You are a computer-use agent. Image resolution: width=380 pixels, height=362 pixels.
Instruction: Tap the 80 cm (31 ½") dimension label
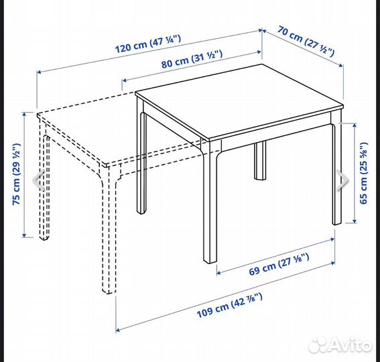[x=192, y=59]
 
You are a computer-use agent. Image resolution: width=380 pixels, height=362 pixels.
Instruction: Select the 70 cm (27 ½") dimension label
[x=306, y=41]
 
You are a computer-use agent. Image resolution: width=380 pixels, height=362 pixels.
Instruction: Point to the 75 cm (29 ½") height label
[x=17, y=174]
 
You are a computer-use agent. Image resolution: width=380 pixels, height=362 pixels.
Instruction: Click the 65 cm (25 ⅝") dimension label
[x=364, y=173]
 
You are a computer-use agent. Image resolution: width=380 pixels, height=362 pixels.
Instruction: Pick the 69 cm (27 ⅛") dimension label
[x=279, y=264]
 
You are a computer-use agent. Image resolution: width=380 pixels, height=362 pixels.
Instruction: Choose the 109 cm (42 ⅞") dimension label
[x=229, y=305]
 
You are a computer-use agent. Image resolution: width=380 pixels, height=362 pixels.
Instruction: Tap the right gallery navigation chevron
[x=343, y=180]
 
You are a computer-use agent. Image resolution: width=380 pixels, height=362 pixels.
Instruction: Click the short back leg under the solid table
[x=260, y=160]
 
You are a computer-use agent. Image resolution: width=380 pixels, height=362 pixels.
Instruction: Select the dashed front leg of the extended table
[x=109, y=230]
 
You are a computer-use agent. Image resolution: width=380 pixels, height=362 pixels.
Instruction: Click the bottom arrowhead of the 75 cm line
[x=24, y=235]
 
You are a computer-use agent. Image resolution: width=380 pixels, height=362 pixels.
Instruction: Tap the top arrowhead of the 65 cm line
[x=355, y=125]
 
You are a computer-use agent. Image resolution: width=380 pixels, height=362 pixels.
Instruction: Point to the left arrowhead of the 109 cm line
[x=118, y=330]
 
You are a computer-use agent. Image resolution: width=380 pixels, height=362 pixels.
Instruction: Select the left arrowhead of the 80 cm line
[x=125, y=80]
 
